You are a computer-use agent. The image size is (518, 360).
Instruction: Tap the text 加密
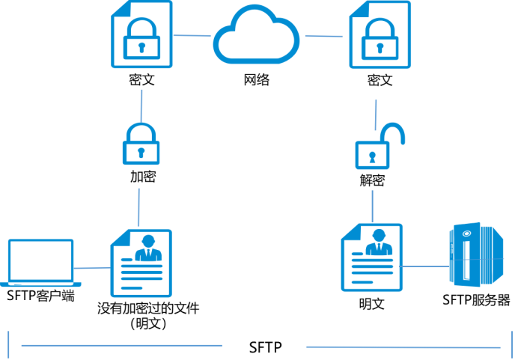tap(142, 177)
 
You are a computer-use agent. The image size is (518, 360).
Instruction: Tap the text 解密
tap(372, 181)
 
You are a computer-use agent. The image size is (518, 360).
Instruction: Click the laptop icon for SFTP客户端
tap(40, 263)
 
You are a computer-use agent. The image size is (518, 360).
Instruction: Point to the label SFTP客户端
tap(40, 296)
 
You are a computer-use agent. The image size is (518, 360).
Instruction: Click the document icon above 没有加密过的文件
tap(141, 262)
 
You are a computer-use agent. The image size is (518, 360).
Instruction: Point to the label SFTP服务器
tap(476, 301)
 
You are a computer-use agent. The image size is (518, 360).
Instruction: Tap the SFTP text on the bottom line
tap(264, 347)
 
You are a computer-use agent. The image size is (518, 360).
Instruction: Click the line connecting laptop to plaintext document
tap(92, 268)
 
